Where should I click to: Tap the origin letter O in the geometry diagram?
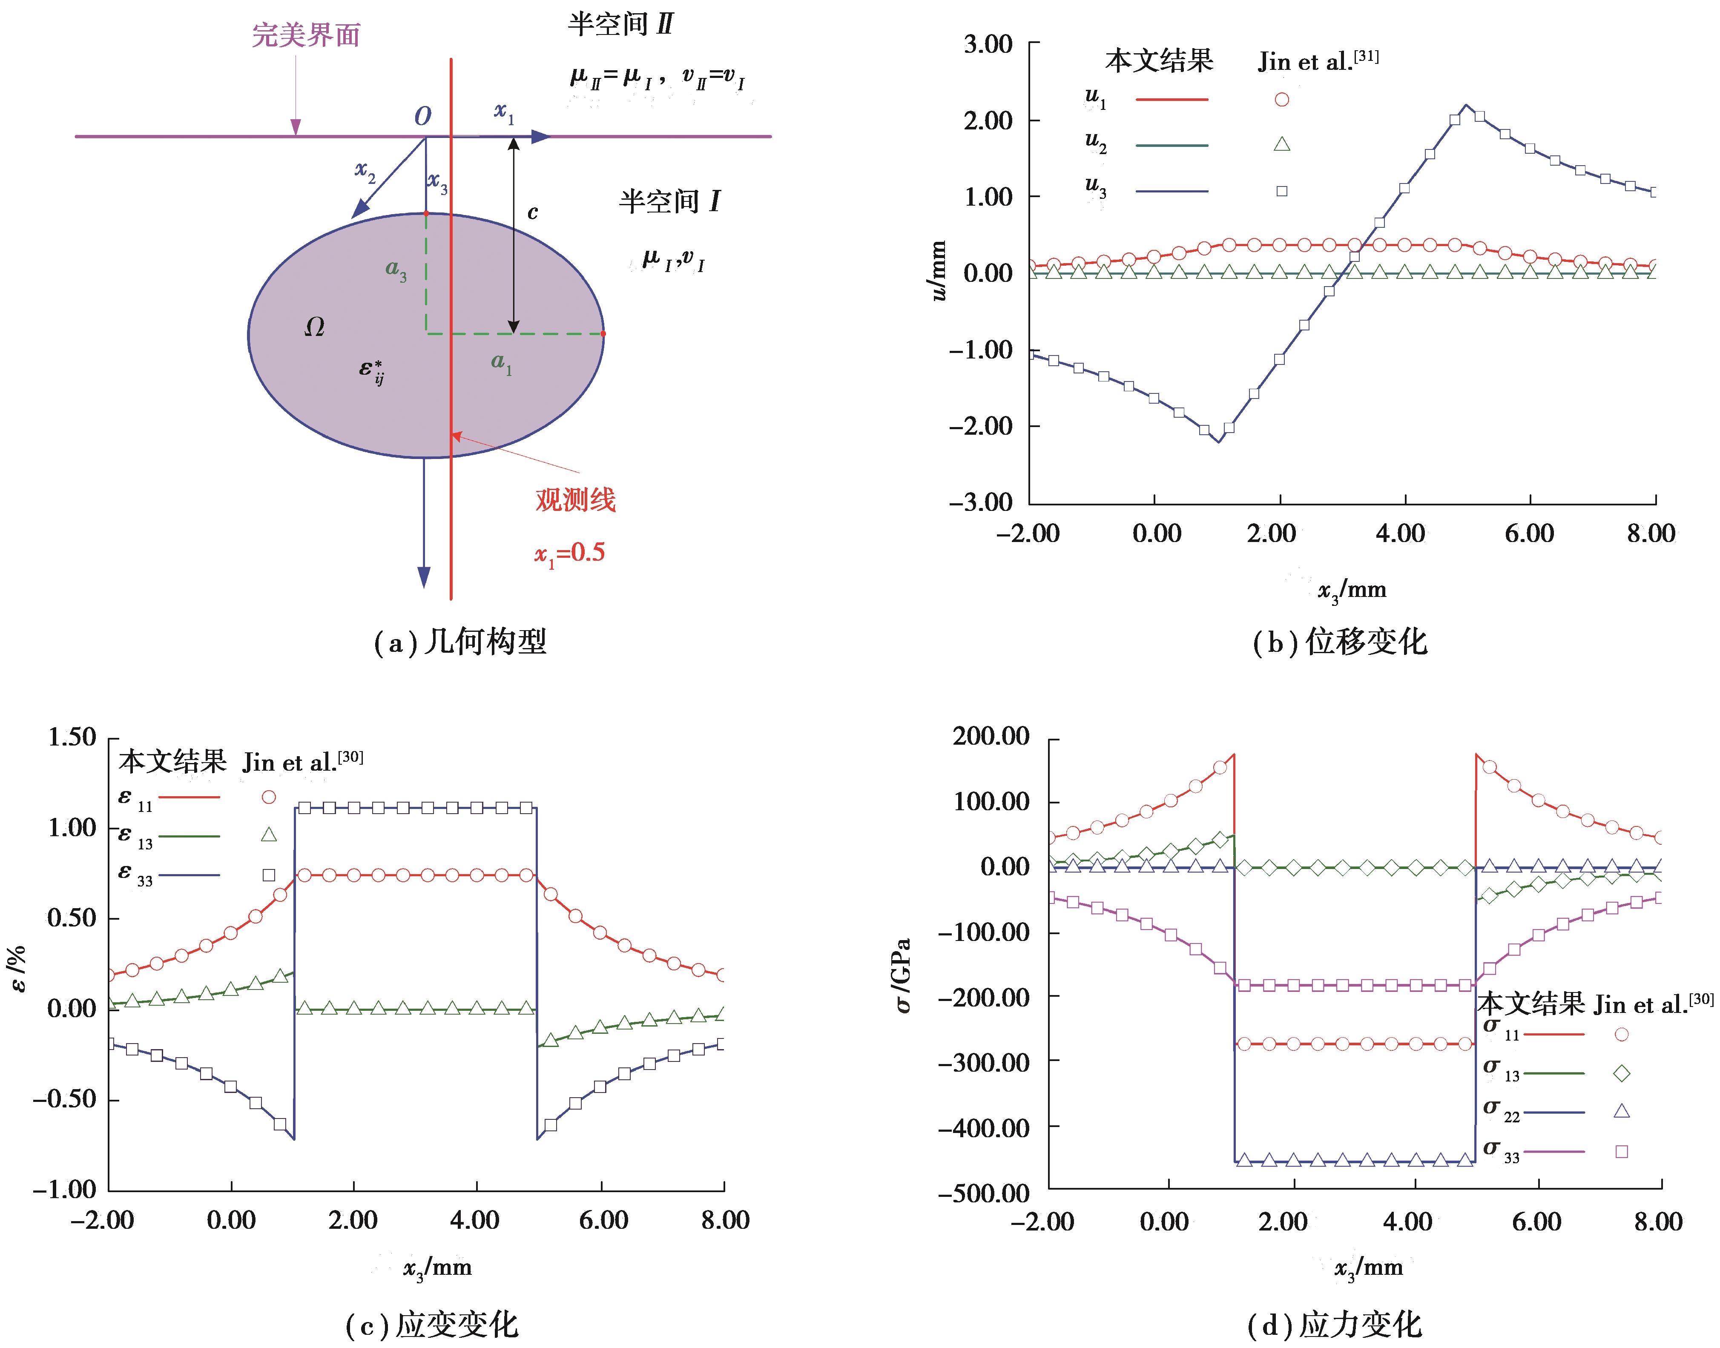pos(423,117)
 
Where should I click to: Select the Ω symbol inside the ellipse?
pos(314,327)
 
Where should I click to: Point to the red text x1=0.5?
pos(570,553)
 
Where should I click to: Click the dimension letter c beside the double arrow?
pos(533,212)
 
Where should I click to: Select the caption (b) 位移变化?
pos(1340,642)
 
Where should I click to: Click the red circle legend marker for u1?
pos(1282,100)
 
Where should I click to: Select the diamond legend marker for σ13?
pos(1621,1073)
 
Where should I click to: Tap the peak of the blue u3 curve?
pos(1466,105)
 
